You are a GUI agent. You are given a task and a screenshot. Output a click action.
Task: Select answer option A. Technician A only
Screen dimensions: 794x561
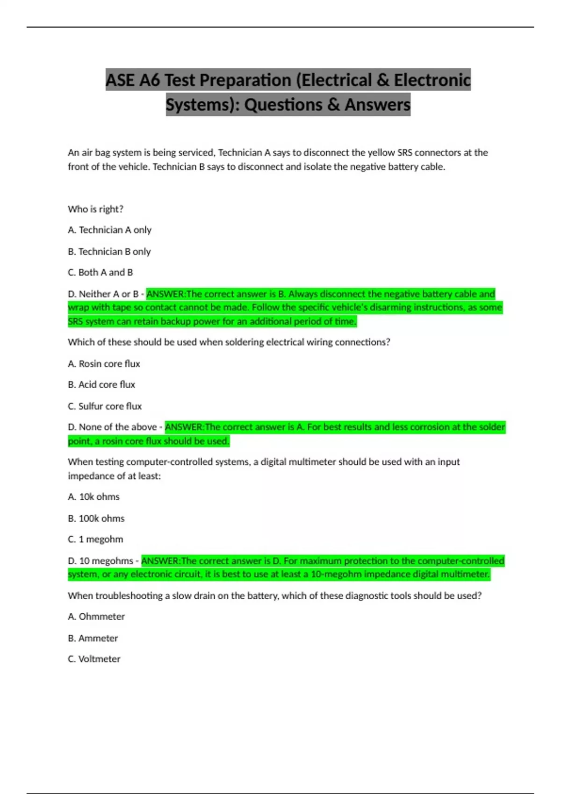pos(109,230)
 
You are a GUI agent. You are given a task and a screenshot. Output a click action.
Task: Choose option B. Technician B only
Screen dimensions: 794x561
pos(109,251)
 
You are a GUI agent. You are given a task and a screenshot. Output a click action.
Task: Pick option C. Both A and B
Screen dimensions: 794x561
pos(101,272)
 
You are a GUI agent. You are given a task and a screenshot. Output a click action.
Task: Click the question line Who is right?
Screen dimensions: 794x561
pos(95,209)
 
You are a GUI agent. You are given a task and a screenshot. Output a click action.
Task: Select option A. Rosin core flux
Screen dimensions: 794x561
pos(104,363)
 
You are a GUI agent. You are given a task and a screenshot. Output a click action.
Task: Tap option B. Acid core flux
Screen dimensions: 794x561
pos(101,384)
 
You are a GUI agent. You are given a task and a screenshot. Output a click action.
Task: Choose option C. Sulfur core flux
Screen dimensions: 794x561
pos(105,406)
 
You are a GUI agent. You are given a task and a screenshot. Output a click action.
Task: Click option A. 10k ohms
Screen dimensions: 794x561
pos(93,496)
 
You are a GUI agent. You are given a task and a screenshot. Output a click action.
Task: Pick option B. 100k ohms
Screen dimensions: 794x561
pos(96,518)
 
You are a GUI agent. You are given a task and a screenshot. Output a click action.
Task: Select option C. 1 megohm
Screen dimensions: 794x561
pos(95,539)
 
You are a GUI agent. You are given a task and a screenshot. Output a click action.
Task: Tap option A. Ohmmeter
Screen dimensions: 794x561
pos(96,617)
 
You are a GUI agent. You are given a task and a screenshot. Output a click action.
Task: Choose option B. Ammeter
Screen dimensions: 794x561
pos(93,638)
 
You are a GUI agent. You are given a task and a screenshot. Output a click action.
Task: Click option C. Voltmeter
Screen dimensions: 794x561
pos(94,659)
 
